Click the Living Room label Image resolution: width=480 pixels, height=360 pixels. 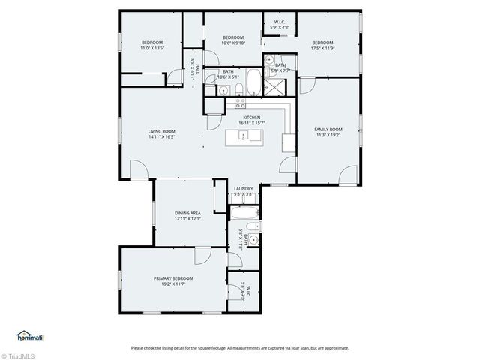161,131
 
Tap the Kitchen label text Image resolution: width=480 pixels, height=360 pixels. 250,118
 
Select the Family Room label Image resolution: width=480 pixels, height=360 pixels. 328,130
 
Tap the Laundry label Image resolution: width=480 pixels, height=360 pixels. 243,189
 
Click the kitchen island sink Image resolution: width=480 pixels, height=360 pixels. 243,136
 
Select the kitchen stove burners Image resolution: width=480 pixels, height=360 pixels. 288,140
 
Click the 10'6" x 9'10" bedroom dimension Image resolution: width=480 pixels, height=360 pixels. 233,43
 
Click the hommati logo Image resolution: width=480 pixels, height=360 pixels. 29,335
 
